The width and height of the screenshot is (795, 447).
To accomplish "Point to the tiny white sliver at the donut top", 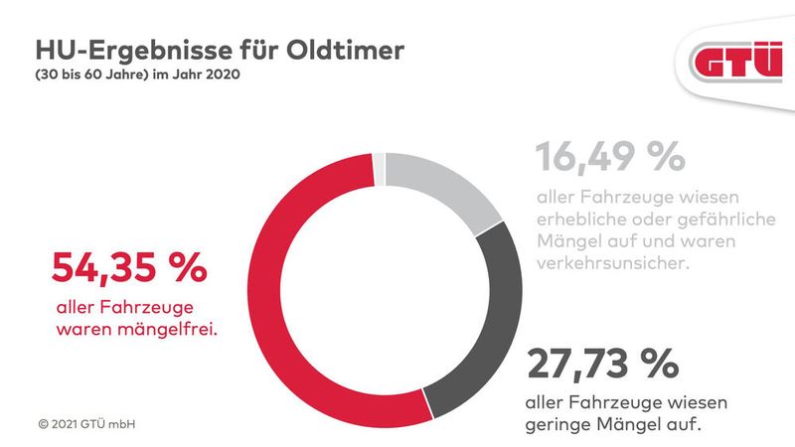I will coord(378,169).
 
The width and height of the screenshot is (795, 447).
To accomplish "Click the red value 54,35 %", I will coord(128,269).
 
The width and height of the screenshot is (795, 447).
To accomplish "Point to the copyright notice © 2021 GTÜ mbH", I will coord(86,424).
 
